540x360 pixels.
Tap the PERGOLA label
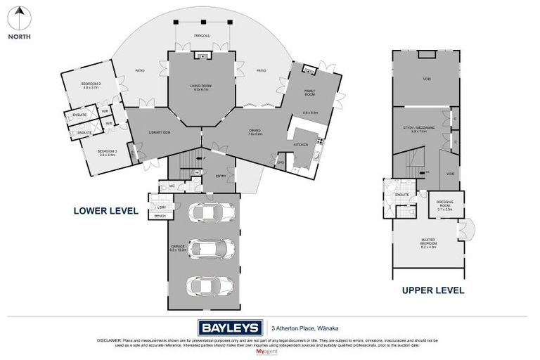pyautogui.click(x=202, y=35)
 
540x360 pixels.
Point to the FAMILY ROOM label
pyautogui.click(x=310, y=91)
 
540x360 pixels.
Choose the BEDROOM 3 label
pyautogui.click(x=105, y=153)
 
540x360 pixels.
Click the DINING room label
pyautogui.click(x=255, y=131)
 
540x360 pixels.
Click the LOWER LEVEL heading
pyautogui.click(x=106, y=210)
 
